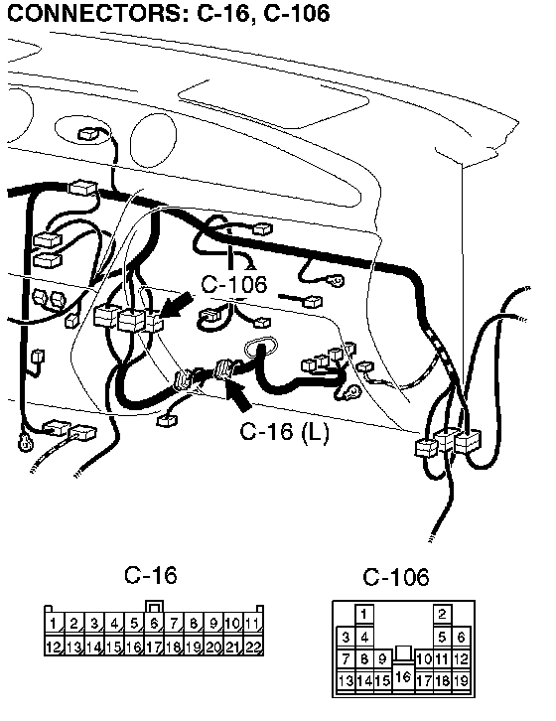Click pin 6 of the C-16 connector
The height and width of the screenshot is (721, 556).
tap(154, 624)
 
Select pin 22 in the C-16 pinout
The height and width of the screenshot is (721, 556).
tap(253, 646)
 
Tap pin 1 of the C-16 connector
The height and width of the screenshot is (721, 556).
tap(55, 624)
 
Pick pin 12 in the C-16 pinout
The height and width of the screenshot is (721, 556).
tap(55, 646)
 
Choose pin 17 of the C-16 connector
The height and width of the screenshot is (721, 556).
tap(154, 646)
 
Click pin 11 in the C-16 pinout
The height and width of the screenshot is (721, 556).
tap(253, 624)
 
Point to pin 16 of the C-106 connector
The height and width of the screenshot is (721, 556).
tap(403, 676)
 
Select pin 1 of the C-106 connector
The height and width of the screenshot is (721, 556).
tap(364, 614)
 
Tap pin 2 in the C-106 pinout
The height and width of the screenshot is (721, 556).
tap(443, 614)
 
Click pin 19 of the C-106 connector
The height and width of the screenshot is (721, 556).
tap(462, 680)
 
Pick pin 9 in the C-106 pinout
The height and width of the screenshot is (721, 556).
tap(382, 658)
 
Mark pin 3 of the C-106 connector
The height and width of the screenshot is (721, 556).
tap(346, 637)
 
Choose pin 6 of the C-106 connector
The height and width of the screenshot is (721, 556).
tap(462, 637)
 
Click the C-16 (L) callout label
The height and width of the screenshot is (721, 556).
tap(285, 432)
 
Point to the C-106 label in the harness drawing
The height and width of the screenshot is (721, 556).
tap(234, 284)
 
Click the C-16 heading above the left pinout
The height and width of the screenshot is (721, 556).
tap(151, 575)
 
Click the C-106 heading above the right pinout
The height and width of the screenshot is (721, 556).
tap(396, 577)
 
